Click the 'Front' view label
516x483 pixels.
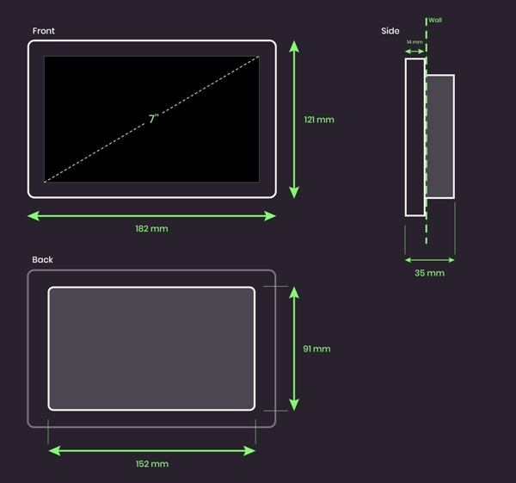(44, 31)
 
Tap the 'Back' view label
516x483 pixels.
(42, 260)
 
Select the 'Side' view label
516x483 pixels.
(390, 31)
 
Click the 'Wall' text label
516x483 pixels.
(435, 20)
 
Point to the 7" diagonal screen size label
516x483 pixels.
(154, 119)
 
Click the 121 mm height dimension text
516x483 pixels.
(319, 120)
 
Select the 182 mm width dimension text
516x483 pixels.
(151, 229)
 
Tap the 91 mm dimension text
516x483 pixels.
(316, 349)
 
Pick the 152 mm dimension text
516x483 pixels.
(152, 464)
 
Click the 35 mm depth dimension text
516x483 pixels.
(429, 273)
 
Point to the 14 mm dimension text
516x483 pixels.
(415, 42)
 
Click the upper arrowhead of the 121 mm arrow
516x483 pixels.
(294, 46)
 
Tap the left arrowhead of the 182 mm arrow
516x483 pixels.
(34, 216)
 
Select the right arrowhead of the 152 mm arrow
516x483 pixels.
(249, 450)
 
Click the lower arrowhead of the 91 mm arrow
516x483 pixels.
(294, 405)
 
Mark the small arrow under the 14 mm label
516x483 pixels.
(415, 52)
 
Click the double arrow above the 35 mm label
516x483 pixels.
(430, 260)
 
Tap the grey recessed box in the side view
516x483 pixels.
(440, 136)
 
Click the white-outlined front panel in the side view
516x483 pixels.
(415, 138)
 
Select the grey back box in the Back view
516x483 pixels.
(151, 349)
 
